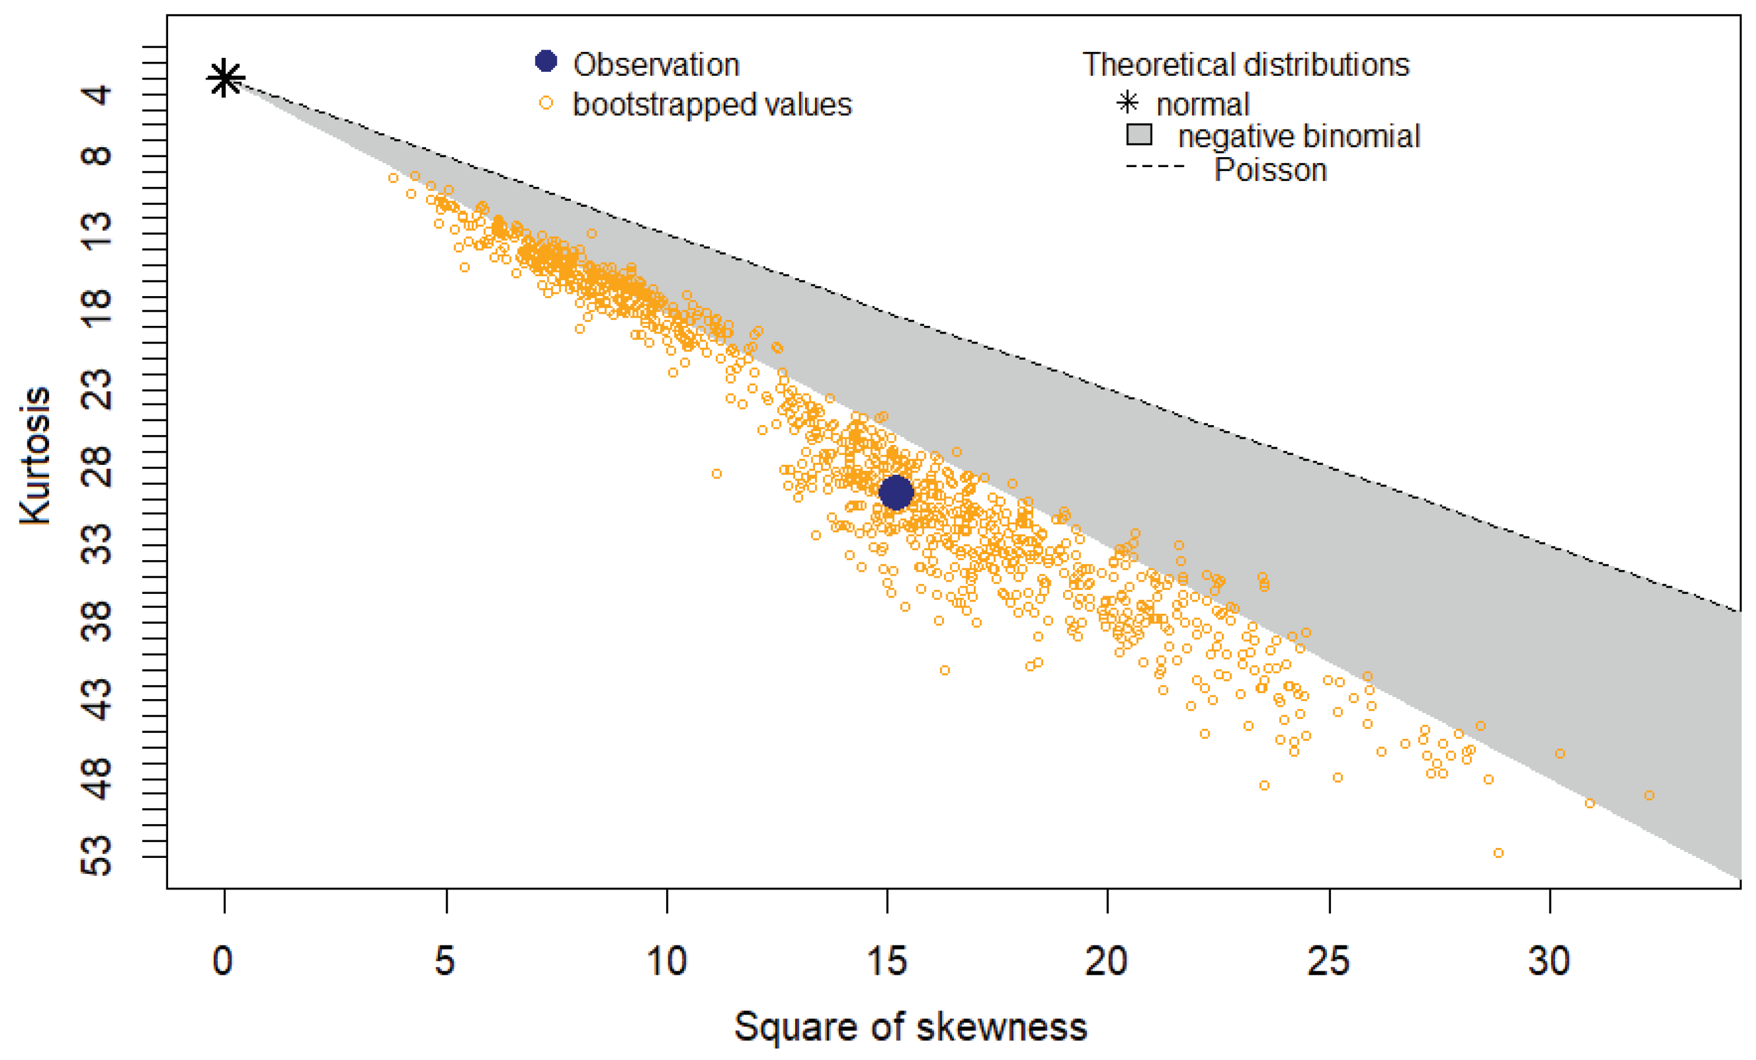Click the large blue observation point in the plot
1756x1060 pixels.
point(896,492)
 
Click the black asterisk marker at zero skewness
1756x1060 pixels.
point(225,78)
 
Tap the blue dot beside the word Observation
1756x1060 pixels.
point(546,61)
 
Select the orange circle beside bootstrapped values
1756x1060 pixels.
point(546,103)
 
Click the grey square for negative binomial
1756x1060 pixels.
point(1139,134)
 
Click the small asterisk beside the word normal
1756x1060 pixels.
point(1128,103)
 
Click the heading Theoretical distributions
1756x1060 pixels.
point(1246,65)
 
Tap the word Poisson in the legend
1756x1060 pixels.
point(1270,171)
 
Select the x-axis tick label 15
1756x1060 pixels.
point(887,961)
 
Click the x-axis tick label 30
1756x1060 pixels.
point(1549,961)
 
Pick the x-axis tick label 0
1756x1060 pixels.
point(223,961)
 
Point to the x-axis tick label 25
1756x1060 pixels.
point(1329,961)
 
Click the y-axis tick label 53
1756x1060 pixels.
point(96,856)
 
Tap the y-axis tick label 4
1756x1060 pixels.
point(96,94)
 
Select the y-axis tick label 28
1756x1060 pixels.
point(96,467)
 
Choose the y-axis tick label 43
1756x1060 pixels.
point(96,699)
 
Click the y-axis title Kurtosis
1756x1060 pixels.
point(36,456)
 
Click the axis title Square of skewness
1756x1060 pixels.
point(911,1027)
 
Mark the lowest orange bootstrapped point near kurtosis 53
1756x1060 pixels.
point(1498,853)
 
